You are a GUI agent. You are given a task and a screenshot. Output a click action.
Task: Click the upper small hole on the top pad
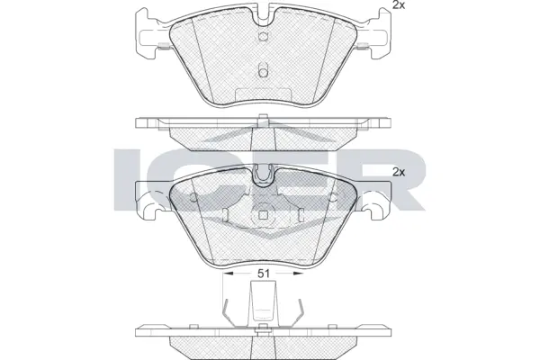264,38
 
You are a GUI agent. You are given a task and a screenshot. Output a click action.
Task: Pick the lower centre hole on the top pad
264,69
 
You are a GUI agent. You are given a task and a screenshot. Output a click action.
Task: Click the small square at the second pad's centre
265,214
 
